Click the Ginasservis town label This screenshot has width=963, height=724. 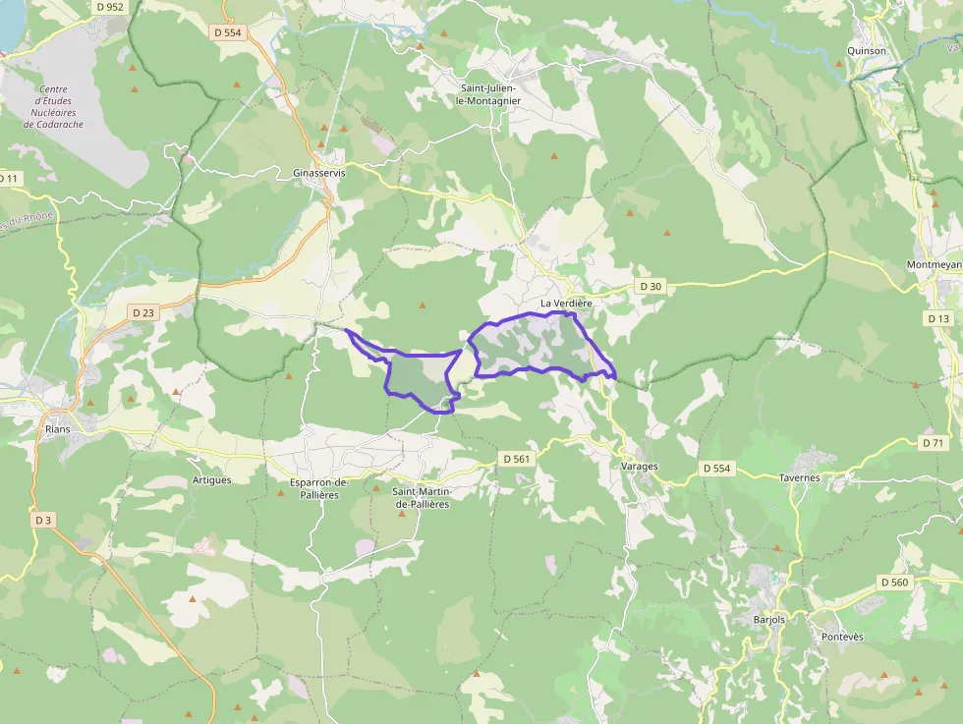(x=319, y=173)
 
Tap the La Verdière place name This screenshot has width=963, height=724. (x=567, y=304)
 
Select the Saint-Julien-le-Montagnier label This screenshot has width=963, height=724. (x=490, y=93)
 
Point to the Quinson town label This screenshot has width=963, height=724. (x=867, y=51)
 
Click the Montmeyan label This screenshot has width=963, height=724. (x=935, y=266)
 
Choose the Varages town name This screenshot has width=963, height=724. (x=640, y=466)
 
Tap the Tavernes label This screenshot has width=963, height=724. (x=800, y=478)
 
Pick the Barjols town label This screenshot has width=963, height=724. (x=771, y=620)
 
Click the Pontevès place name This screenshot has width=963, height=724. (x=842, y=637)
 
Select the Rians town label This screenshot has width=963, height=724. (x=58, y=429)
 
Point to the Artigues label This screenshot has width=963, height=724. (x=211, y=480)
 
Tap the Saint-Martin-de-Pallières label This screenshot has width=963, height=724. (x=422, y=497)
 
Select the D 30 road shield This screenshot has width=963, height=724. (x=651, y=286)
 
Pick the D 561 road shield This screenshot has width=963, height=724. (x=516, y=459)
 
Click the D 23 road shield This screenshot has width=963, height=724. (x=143, y=312)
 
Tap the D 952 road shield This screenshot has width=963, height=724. (x=111, y=7)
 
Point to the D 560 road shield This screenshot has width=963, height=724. (x=894, y=583)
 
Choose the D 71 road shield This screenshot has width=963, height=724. (x=934, y=443)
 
